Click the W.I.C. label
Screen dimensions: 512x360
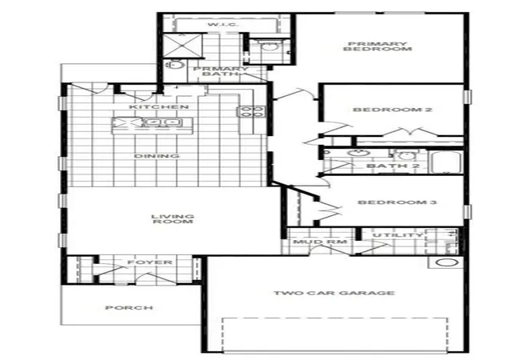[223, 25]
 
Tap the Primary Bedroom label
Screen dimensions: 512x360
[378, 46]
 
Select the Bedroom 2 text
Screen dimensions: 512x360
[393, 110]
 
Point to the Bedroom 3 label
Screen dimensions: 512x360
[398, 202]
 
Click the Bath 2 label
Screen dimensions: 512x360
[393, 166]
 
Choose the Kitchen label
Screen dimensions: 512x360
[158, 107]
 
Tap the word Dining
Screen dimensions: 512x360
[157, 156]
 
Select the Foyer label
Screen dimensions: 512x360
[150, 262]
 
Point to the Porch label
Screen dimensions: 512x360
[130, 308]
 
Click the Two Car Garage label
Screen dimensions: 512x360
[334, 293]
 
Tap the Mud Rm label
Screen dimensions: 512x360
[320, 242]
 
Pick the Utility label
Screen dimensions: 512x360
[398, 235]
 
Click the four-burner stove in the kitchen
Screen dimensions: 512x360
[251, 112]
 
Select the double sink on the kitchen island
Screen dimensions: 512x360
[162, 122]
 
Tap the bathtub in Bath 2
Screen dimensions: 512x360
[446, 162]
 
